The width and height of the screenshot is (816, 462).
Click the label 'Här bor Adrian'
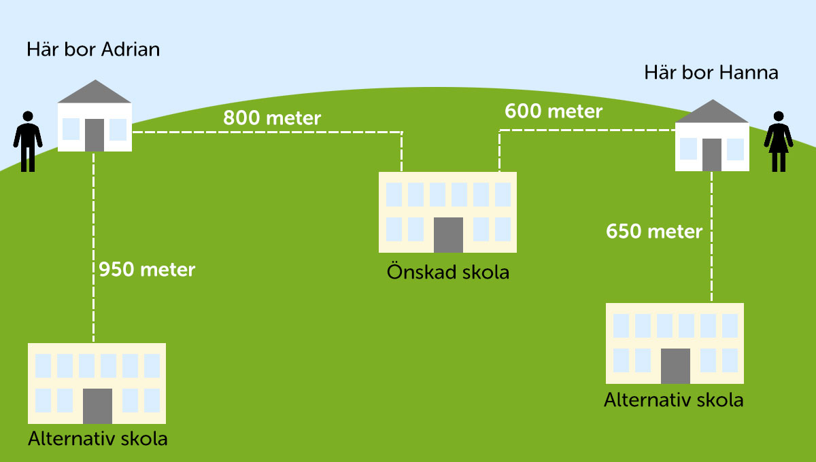(93, 50)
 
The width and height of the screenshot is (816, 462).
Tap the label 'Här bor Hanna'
(711, 73)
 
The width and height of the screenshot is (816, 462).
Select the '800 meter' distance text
(272, 118)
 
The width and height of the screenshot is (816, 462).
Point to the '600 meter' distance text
(553, 111)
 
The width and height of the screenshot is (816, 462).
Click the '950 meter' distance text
(147, 270)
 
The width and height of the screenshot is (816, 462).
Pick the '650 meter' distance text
(654, 231)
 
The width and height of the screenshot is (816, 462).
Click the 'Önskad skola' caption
(447, 272)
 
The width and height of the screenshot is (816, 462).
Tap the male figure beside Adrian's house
(28, 141)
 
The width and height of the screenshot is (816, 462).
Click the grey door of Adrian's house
(95, 135)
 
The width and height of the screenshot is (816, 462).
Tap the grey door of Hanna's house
(712, 154)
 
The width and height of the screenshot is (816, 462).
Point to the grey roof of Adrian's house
(94, 92)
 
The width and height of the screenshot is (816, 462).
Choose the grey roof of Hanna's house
(711, 112)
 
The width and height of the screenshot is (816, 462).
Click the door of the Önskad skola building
(447, 234)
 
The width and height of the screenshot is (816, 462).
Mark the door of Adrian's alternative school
(97, 406)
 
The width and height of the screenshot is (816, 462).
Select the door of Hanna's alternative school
(675, 366)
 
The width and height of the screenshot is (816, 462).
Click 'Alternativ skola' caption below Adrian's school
(97, 438)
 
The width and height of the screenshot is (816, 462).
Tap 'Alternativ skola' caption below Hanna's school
(673, 399)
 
